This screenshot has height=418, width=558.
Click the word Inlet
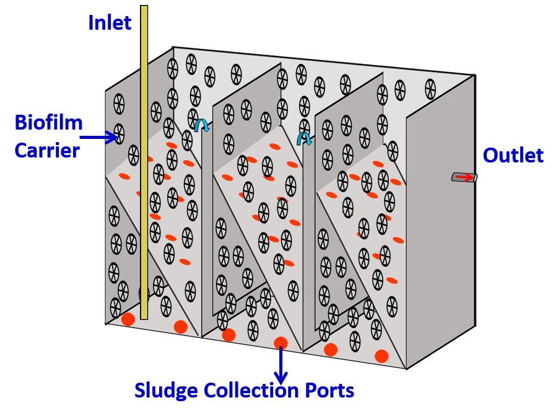(110, 23)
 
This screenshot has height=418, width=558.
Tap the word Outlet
(513, 156)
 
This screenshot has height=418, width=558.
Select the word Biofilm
(49, 123)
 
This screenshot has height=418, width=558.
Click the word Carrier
(47, 150)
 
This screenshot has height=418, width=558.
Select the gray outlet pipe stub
(464, 177)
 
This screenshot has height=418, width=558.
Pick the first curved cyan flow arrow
(202, 125)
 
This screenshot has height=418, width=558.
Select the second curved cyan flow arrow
(304, 138)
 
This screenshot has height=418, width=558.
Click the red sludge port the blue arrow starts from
(281, 342)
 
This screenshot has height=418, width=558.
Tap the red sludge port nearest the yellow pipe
(128, 319)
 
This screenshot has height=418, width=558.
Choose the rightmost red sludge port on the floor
(381, 356)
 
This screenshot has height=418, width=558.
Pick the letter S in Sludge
(140, 391)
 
